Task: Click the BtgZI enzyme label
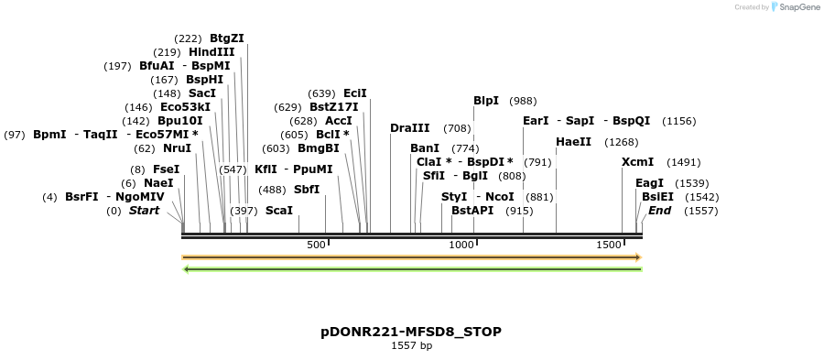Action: pyautogui.click(x=227, y=38)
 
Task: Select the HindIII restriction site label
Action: pyautogui.click(x=211, y=52)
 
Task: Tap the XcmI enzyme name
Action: pyautogui.click(x=637, y=162)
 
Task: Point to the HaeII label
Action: pyautogui.click(x=573, y=142)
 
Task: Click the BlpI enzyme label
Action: pyautogui.click(x=486, y=101)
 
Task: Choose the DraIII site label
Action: pyautogui.click(x=409, y=128)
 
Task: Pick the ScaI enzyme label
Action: pyautogui.click(x=279, y=211)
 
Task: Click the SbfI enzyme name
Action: pyautogui.click(x=307, y=190)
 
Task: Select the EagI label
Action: pyautogui.click(x=649, y=183)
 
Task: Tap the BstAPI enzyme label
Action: pyautogui.click(x=472, y=211)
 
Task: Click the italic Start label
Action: pyautogui.click(x=144, y=211)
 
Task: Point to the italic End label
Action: pyautogui.click(x=660, y=211)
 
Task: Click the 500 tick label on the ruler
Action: pyautogui.click(x=316, y=245)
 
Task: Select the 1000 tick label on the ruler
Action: pyautogui.click(x=461, y=245)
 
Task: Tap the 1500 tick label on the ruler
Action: pyautogui.click(x=609, y=245)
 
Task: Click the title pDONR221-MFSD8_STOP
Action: pyautogui.click(x=411, y=331)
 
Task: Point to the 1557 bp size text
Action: pyautogui.click(x=411, y=345)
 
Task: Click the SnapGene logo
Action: pyautogui.click(x=795, y=7)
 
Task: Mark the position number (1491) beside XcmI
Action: pyautogui.click(x=683, y=162)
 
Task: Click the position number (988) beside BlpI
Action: pyautogui.click(x=523, y=101)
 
